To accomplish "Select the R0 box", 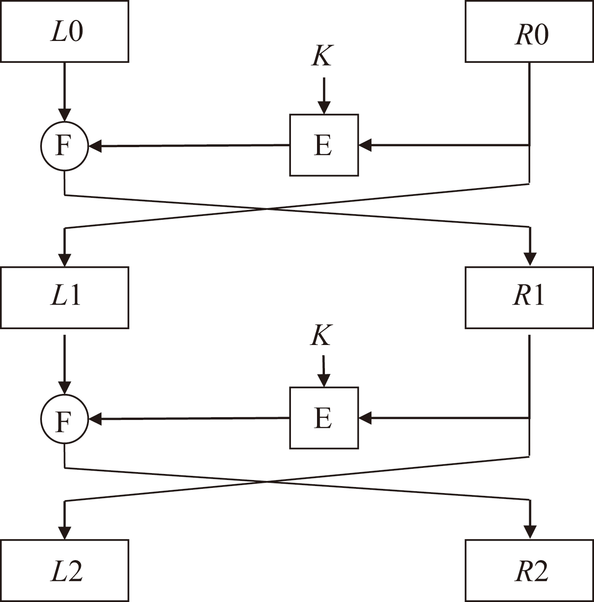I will pyautogui.click(x=529, y=32).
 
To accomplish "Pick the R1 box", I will pyautogui.click(x=529, y=298).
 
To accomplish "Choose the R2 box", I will pyautogui.click(x=529, y=571).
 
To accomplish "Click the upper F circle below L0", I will pyautogui.click(x=64, y=146).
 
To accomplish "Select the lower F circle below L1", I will pyautogui.click(x=64, y=419).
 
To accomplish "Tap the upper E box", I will pyautogui.click(x=324, y=145).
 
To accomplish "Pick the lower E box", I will pyautogui.click(x=324, y=418).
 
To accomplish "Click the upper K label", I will pyautogui.click(x=322, y=56).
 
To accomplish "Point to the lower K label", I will pyautogui.click(x=321, y=335).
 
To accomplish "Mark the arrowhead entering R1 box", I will pyautogui.click(x=530, y=260).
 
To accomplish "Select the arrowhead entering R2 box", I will pyautogui.click(x=530, y=533).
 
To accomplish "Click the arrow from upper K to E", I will pyautogui.click(x=324, y=95).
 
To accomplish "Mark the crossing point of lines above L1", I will pyautogui.click(x=267, y=209).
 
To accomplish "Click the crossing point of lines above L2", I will pyautogui.click(x=267, y=482).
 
